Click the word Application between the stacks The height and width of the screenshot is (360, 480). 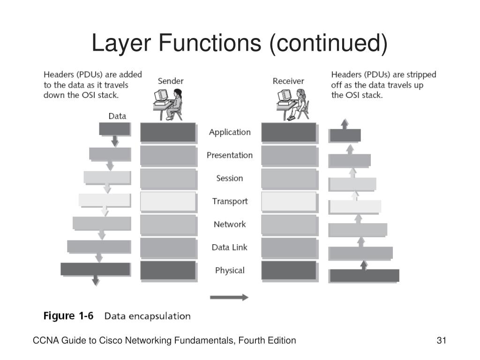coord(230,132)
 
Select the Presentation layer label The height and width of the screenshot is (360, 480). coord(230,155)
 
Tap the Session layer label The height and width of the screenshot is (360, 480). coord(230,178)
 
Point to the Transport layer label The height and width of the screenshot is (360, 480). coord(230,202)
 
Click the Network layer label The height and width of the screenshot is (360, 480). coord(230,225)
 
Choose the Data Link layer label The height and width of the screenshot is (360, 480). coord(229,247)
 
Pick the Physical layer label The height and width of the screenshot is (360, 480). coord(230,270)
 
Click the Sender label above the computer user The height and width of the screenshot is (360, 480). coord(171,81)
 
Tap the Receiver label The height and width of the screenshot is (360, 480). coord(288,81)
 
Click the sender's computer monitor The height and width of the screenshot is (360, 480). coord(161,96)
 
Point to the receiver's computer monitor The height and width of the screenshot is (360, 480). coord(285,96)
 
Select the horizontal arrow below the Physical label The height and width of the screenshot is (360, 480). coord(229,297)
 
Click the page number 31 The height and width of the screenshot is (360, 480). coord(442,340)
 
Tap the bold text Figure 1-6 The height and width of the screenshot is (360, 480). coord(68,315)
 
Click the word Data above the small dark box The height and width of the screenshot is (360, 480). coord(117,116)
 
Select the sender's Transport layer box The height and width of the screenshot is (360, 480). coord(168,202)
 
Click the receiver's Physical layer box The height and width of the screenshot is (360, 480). coord(289,270)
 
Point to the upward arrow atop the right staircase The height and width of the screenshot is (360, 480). coord(345,124)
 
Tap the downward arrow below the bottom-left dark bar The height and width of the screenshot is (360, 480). coord(96,280)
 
